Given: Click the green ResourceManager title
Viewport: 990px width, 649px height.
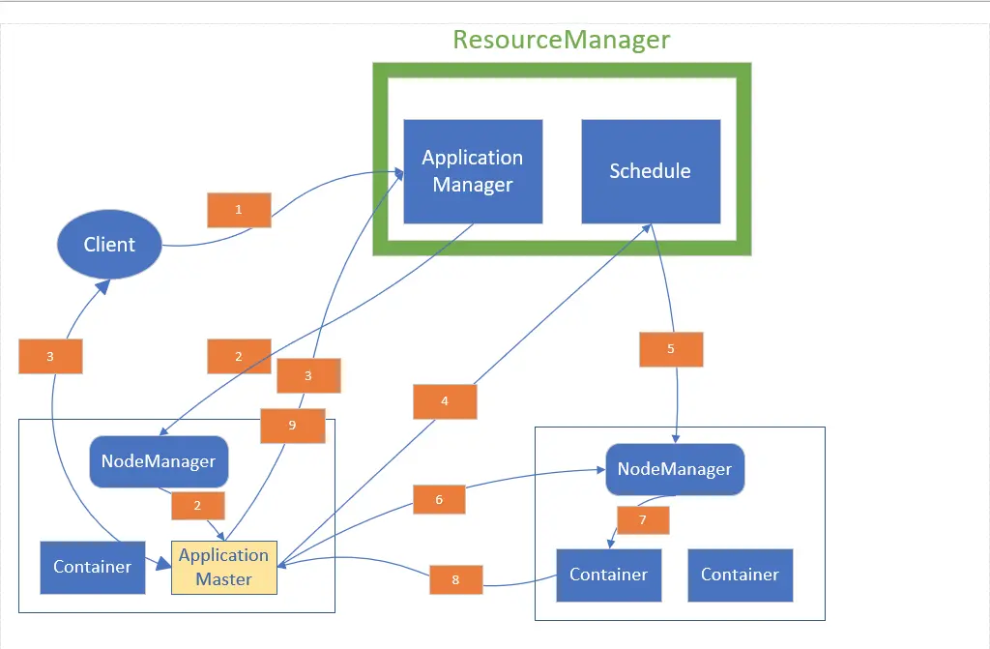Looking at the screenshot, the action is [562, 40].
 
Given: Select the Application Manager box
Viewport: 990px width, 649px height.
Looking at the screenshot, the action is [473, 171].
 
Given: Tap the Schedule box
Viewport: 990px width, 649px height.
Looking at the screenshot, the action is [651, 171].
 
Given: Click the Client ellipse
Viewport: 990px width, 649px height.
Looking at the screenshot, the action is [109, 244].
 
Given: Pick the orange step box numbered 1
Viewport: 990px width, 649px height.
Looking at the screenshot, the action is [240, 210].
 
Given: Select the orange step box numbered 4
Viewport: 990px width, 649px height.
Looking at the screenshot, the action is [445, 401].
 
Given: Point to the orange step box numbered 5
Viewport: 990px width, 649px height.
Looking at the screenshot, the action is [671, 349].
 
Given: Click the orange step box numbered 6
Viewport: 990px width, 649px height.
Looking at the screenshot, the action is [440, 499].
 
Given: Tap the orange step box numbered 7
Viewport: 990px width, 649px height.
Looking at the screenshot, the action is [643, 520].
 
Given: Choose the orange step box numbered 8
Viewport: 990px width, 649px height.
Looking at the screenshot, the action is [456, 579].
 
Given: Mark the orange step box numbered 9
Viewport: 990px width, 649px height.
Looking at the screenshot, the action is [293, 426].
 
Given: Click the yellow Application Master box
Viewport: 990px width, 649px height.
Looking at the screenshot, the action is [224, 568].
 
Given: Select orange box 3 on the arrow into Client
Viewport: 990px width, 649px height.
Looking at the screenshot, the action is [50, 356].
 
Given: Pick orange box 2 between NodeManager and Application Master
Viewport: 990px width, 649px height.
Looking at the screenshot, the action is [198, 506].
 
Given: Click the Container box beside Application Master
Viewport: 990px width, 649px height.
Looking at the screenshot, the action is [93, 568].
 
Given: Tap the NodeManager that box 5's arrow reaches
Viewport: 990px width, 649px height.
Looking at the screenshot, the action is [675, 469].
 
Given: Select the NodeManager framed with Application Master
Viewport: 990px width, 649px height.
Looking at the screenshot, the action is [159, 461].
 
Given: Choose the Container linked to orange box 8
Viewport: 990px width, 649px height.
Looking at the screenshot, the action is [609, 575].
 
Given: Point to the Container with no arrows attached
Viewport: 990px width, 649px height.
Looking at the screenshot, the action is [741, 575].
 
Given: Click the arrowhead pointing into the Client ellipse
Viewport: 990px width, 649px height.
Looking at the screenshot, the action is [103, 287].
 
